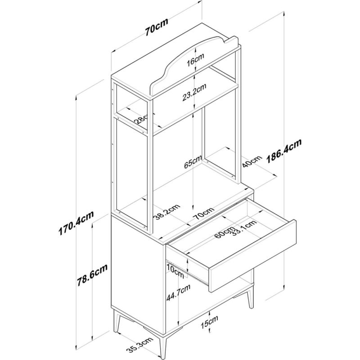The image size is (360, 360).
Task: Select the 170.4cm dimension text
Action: tap(76, 223)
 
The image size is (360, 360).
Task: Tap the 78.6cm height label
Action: tap(92, 275)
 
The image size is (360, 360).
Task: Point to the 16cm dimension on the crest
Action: tap(195, 60)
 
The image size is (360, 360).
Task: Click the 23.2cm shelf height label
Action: tap(194, 92)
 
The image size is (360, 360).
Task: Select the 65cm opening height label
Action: tap(193, 162)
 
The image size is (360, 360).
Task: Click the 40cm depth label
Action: tap(252, 162)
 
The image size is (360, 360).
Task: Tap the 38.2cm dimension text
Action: tap(166, 212)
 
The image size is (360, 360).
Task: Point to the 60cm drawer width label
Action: tap(225, 232)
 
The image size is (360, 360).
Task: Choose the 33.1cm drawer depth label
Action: tap(243, 228)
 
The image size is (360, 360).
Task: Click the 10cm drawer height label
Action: tap(175, 270)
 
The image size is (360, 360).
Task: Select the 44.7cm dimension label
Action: tap(178, 292)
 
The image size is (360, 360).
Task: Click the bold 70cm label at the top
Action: tap(157, 27)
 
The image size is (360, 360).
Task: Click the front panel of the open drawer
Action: tap(252, 256)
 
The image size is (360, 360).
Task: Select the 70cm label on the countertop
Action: tap(203, 213)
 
